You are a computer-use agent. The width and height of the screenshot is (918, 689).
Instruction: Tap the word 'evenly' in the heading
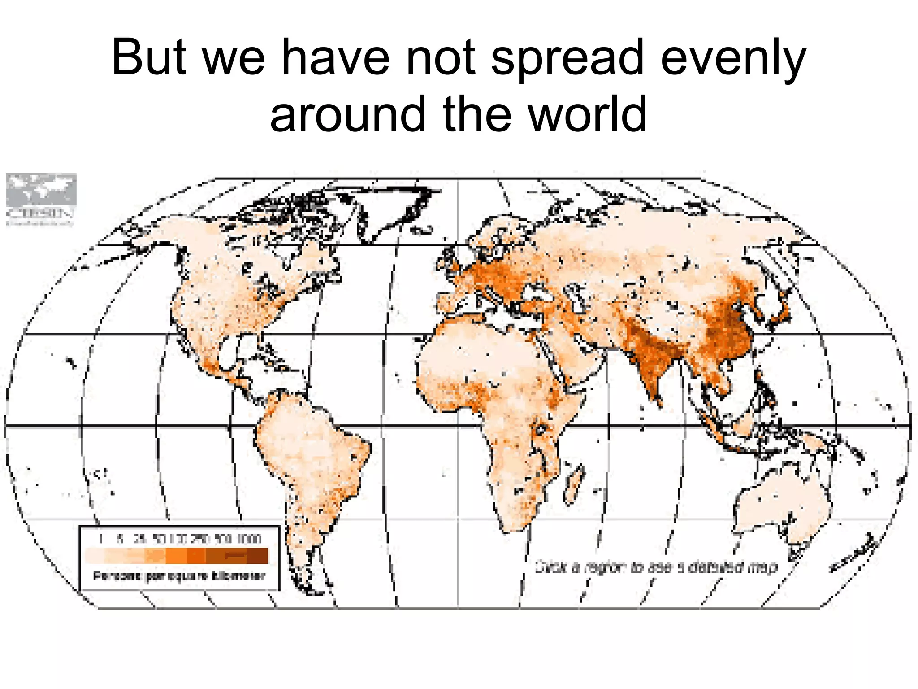tap(733, 58)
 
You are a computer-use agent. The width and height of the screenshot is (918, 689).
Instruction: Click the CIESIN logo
tap(41, 199)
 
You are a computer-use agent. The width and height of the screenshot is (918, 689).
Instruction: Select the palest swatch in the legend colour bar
tap(95, 555)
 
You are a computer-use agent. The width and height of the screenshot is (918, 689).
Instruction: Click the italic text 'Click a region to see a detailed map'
tap(656, 567)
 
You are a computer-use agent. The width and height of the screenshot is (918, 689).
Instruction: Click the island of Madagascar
tap(574, 484)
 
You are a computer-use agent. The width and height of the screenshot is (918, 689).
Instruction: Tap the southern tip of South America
tap(309, 588)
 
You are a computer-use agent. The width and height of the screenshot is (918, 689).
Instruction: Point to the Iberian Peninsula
tap(448, 301)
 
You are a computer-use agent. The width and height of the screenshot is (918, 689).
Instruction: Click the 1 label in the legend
tap(101, 539)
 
